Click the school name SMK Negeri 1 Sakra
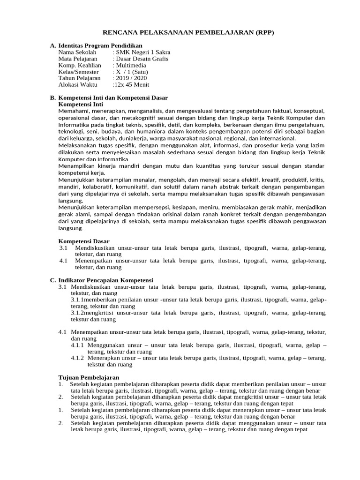142,52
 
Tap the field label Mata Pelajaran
78,59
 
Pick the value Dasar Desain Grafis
141,59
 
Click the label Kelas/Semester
79,72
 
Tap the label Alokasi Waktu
78,85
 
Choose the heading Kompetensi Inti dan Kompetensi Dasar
112,97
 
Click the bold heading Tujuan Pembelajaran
89,377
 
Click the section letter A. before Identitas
52,45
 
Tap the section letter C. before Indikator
52,280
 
